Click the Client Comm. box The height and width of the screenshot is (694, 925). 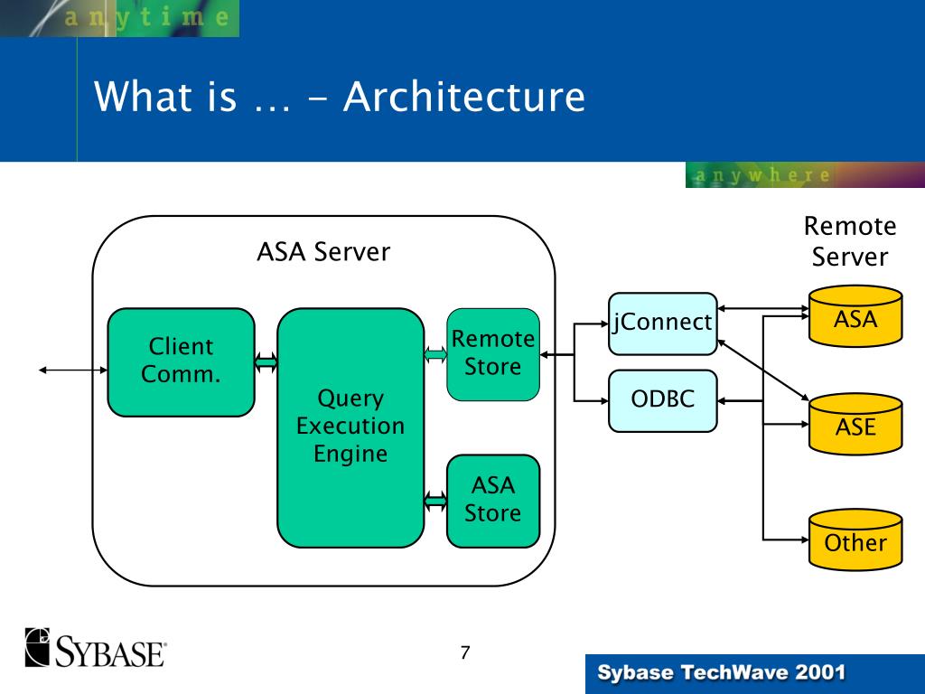tap(181, 361)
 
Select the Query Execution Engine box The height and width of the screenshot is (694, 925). tap(350, 427)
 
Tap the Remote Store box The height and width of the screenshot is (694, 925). tap(493, 354)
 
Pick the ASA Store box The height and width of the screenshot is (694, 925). tap(493, 501)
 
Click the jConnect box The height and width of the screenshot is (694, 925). tap(662, 324)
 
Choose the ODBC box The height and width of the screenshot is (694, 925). tap(662, 400)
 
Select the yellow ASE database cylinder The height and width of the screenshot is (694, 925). tap(855, 424)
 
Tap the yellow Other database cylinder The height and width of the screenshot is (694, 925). tap(855, 539)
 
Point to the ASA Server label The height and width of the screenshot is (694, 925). tap(323, 252)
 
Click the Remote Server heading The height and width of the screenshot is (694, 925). tap(850, 241)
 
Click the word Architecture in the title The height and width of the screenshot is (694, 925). tap(464, 96)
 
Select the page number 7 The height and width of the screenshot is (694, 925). tap(465, 652)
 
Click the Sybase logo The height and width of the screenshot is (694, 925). tap(95, 647)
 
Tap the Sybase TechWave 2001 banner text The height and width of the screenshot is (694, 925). tap(722, 672)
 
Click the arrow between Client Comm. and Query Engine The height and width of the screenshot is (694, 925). tap(266, 361)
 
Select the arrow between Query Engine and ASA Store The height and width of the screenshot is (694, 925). tap(435, 501)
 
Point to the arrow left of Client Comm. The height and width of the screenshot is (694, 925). tap(73, 370)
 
